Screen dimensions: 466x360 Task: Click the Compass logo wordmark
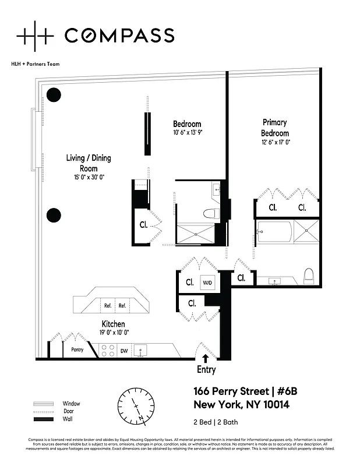[x=119, y=36]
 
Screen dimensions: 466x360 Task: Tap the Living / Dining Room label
[x=88, y=163]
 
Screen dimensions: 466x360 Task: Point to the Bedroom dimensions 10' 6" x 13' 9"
[x=187, y=132]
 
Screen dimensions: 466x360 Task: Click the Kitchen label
[x=113, y=324]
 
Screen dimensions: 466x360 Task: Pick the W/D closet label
[x=207, y=283]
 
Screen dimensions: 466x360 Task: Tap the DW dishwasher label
[x=123, y=351]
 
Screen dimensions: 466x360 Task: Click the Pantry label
[x=77, y=351]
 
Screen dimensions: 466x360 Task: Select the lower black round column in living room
[x=54, y=215]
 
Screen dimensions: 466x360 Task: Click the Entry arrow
[x=206, y=360]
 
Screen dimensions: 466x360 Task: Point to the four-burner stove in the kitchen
[x=107, y=350]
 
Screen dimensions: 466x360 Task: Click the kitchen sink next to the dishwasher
[x=140, y=350]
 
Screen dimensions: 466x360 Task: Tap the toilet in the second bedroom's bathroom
[x=211, y=213]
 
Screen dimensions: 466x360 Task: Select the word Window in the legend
[x=71, y=404]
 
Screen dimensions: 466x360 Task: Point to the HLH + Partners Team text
[x=36, y=64]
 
